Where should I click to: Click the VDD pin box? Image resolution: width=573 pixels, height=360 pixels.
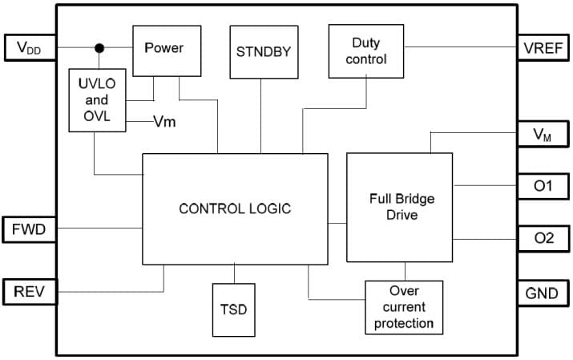tap(29, 48)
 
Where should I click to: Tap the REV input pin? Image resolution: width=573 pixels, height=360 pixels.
tap(29, 292)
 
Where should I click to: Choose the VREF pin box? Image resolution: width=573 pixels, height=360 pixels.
tap(543, 48)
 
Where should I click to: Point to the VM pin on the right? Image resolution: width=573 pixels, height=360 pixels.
tap(543, 136)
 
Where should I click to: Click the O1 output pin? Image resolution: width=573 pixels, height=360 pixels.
tap(543, 185)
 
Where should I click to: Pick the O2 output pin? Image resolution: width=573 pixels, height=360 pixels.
tap(543, 238)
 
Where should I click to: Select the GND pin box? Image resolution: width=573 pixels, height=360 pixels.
tap(543, 292)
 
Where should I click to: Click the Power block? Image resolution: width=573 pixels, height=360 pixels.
tap(163, 49)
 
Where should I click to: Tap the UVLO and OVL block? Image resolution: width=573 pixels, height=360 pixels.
tap(95, 101)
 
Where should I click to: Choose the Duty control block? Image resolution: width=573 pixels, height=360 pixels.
tap(366, 51)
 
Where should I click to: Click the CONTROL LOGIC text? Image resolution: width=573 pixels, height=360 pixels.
tap(235, 208)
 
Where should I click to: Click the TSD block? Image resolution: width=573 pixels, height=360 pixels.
tap(233, 309)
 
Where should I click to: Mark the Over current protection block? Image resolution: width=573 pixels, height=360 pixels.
tap(404, 307)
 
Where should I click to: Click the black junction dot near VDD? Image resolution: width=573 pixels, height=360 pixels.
tap(99, 48)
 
